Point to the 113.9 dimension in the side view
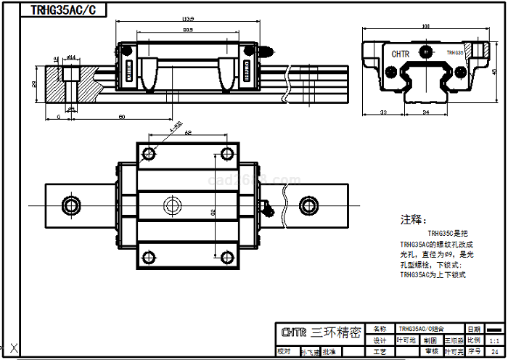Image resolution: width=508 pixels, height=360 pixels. pyautogui.click(x=188, y=18)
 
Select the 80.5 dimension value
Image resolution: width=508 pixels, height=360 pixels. pyautogui.click(x=188, y=30)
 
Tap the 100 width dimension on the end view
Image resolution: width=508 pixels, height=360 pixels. pyautogui.click(x=424, y=27)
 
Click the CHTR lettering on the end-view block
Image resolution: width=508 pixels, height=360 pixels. pyautogui.click(x=401, y=54)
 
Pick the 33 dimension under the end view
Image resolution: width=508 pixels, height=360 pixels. pyautogui.click(x=382, y=112)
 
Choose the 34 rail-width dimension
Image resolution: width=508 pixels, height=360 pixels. pyautogui.click(x=425, y=112)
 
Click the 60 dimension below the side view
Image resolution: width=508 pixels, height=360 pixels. pyautogui.click(x=121, y=116)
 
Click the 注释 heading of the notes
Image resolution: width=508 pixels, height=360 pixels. pyautogui.click(x=414, y=219)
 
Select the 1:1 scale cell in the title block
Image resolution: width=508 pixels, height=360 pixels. pyautogui.click(x=494, y=340)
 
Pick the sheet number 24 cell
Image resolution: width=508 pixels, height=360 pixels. pyautogui.click(x=494, y=351)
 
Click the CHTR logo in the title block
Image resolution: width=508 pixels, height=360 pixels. pyautogui.click(x=293, y=333)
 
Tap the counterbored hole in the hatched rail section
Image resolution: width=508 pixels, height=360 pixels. pyautogui.click(x=71, y=75)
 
